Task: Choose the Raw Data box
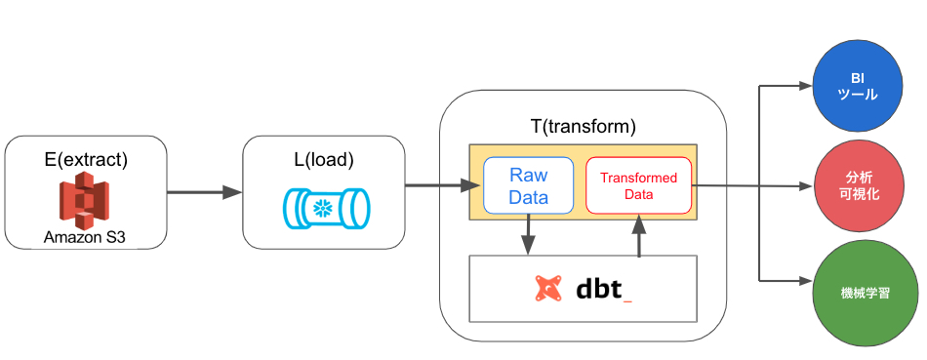coord(528,185)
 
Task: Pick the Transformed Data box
coord(638,185)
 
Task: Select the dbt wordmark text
coord(604,288)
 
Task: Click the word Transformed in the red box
coord(638,179)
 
